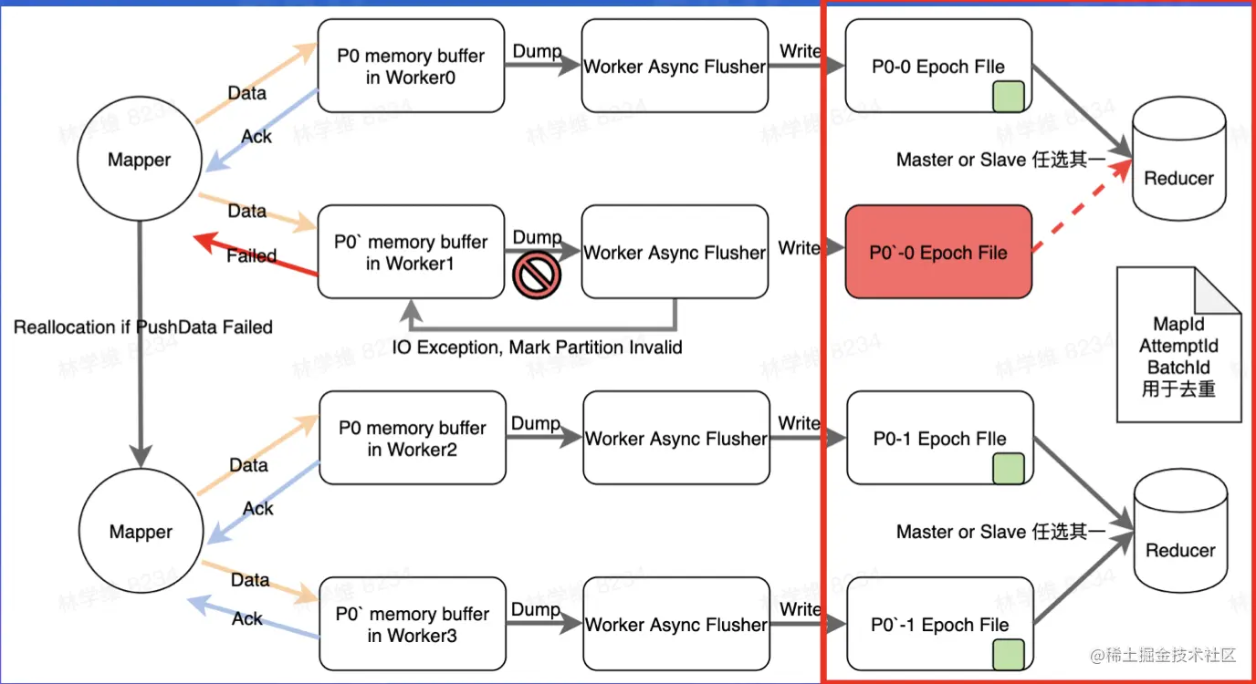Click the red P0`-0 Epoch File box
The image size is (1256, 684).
[x=938, y=253]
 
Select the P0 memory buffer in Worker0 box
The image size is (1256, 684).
[x=411, y=66]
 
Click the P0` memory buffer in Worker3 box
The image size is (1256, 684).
[x=412, y=624]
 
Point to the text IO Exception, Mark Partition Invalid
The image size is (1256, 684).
[x=537, y=347]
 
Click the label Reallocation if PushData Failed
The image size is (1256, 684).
[x=143, y=326]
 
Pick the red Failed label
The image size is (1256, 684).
[x=251, y=255]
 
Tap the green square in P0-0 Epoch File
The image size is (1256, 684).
[x=1008, y=95]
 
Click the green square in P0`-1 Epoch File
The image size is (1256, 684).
[x=1008, y=654]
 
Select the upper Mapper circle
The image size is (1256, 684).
[x=139, y=161]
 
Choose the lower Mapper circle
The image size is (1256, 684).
[x=140, y=532]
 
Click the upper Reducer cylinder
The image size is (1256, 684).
[x=1178, y=161]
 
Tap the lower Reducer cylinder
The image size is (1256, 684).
[x=1180, y=534]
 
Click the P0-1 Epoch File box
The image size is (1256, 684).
[x=939, y=438]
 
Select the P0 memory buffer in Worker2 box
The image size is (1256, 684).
[x=413, y=438]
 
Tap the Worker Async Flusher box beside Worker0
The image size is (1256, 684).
[x=675, y=66]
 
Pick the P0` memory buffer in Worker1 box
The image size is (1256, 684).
[x=411, y=253]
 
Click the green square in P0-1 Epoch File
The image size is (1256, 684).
[x=1008, y=467]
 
